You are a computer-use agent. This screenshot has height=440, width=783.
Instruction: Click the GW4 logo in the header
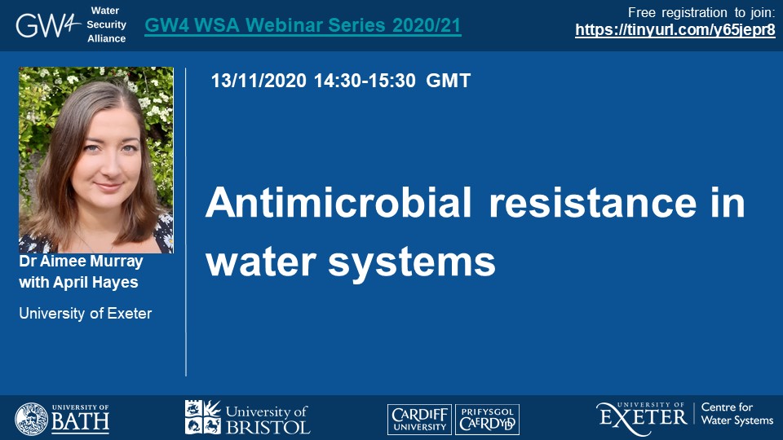coord(48,25)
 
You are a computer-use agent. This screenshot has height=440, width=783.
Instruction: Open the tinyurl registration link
coord(675,30)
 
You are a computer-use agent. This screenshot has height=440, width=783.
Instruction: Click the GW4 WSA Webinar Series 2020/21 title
coord(303,25)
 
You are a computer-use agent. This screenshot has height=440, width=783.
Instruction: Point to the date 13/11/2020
coord(259,81)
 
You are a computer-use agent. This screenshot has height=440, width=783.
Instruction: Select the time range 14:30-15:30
coord(365,81)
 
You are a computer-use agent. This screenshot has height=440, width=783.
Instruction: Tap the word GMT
coord(448,81)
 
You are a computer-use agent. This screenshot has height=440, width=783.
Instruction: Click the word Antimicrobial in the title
coord(338,203)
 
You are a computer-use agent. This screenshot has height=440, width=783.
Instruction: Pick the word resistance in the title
coord(593,203)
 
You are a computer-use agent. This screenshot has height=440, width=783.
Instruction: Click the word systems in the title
coord(411,263)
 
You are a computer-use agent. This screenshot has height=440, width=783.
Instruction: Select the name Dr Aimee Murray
coord(81,261)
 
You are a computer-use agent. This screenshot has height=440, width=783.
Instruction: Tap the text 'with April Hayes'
coord(78,283)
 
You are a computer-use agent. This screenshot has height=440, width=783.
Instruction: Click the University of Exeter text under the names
coord(86,313)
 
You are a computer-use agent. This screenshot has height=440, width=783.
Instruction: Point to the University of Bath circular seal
coord(32,419)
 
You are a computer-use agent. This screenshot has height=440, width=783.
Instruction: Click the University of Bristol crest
coord(203,416)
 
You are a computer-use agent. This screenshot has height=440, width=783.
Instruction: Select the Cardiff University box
coord(419,419)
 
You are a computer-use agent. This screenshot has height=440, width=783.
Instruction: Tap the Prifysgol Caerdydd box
coord(488,419)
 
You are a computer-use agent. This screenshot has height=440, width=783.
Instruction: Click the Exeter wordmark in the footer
coord(642,418)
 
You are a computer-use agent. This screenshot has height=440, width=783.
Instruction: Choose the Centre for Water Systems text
coord(737,414)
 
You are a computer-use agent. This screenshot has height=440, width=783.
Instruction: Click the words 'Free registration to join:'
coord(701,12)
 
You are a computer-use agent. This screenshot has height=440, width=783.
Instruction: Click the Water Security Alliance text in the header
coord(106,24)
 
